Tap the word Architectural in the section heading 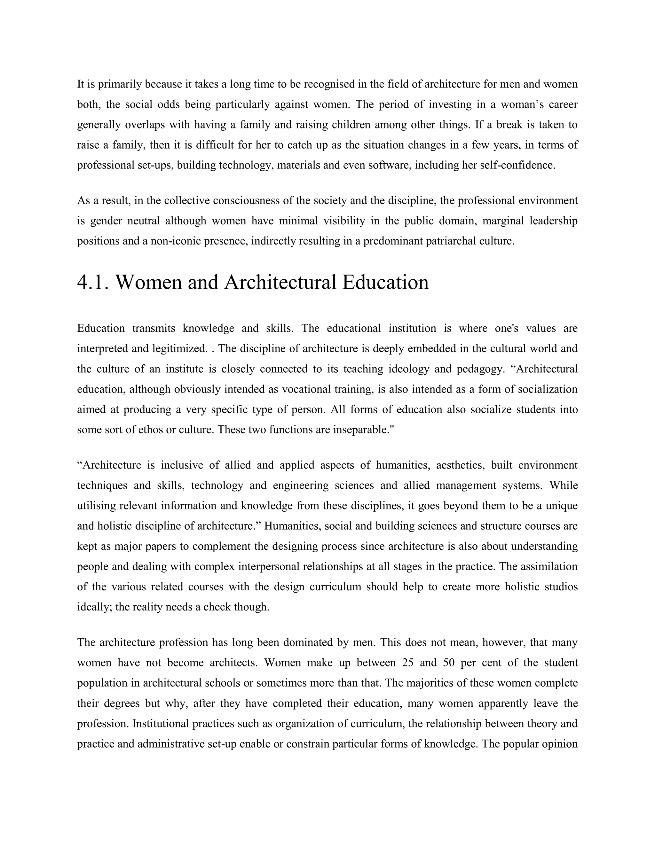280,282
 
